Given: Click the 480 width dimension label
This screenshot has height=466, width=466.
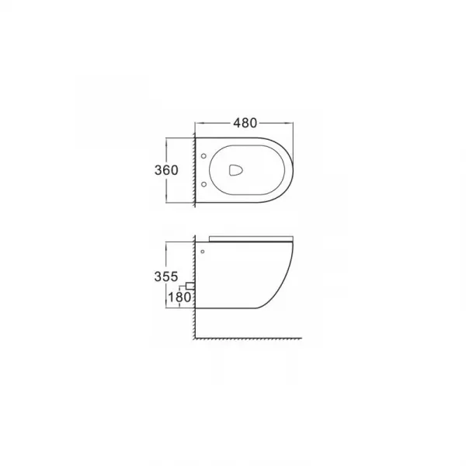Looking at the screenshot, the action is (x=245, y=123).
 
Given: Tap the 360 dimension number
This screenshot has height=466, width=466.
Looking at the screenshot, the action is (x=166, y=170).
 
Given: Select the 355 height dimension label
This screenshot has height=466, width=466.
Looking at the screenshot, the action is (x=166, y=276).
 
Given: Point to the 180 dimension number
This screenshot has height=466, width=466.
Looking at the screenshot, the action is (x=179, y=297).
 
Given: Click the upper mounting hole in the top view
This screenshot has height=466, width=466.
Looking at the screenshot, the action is (x=203, y=156).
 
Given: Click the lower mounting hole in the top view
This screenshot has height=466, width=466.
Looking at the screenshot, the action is (x=203, y=185).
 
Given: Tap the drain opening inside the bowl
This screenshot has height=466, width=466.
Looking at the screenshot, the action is (x=236, y=170).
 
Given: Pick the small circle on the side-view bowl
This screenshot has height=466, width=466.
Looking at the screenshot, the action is (x=203, y=252).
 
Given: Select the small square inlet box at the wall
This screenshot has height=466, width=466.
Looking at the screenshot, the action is (x=190, y=286).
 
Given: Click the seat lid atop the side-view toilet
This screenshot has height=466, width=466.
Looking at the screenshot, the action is (x=251, y=239).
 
